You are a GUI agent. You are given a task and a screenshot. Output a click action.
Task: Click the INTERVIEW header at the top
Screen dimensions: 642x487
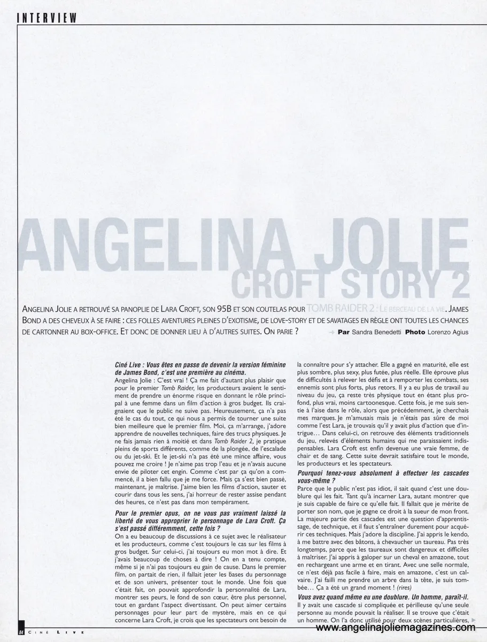coord(48,18)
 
